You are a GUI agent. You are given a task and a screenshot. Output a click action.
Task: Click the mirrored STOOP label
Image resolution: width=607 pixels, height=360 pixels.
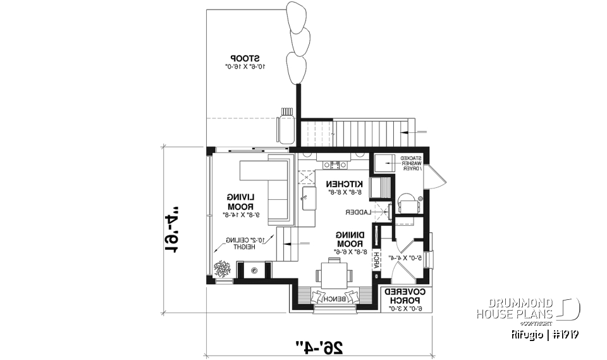(244, 55)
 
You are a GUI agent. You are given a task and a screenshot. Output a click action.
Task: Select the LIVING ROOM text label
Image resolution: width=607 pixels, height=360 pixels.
(240, 202)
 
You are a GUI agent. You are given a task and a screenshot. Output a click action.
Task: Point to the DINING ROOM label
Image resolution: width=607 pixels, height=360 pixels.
(349, 239)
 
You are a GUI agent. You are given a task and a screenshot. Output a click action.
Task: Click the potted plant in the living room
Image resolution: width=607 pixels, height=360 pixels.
(223, 270)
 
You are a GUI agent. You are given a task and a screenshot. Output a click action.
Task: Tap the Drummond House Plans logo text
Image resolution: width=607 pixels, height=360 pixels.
(515, 309)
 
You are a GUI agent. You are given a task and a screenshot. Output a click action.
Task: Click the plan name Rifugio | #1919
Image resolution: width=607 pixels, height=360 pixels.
(544, 333)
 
